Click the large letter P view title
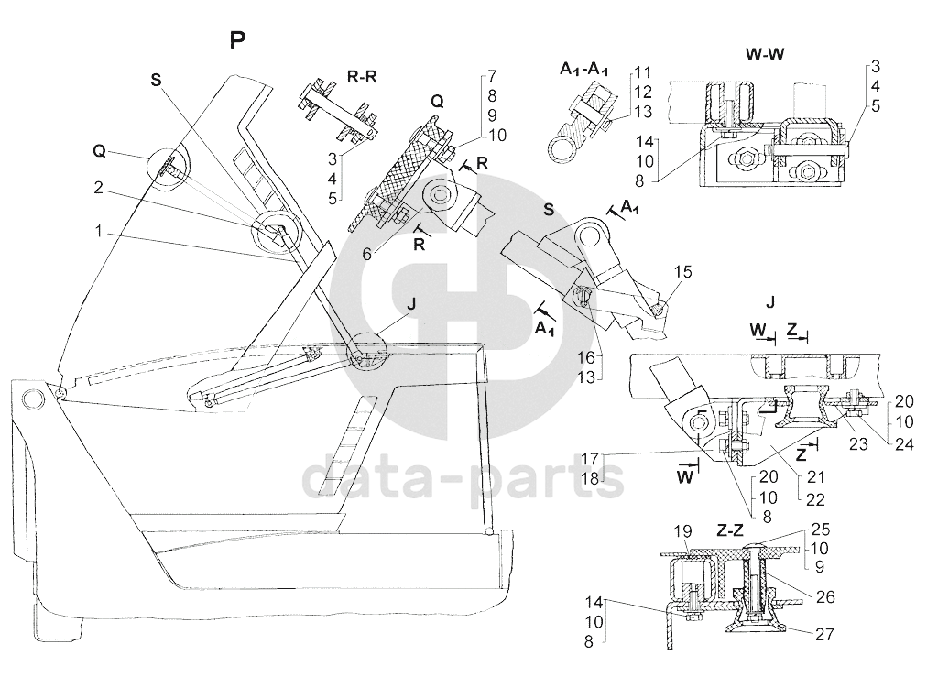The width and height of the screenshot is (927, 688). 237,41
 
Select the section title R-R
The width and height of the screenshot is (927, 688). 361,77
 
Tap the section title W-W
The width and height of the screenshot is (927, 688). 765,54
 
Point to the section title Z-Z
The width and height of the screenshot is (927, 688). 729,530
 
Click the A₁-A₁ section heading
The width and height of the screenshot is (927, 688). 584,70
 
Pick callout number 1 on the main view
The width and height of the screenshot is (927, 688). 99,231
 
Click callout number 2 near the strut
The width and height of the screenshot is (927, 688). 99,188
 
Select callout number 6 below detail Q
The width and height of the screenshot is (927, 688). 366,254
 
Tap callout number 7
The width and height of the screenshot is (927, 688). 492,76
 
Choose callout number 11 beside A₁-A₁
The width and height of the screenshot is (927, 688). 643,72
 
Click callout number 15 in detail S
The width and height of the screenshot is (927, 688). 682,272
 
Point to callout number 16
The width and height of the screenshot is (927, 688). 586,357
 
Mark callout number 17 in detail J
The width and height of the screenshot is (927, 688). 590,458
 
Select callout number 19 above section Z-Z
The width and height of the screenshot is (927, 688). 682,530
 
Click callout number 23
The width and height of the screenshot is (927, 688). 858,443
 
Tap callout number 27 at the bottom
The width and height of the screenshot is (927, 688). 824,635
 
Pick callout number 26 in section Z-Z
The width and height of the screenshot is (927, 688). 825,597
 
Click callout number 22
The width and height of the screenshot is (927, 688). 815,499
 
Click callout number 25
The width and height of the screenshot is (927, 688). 821,529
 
